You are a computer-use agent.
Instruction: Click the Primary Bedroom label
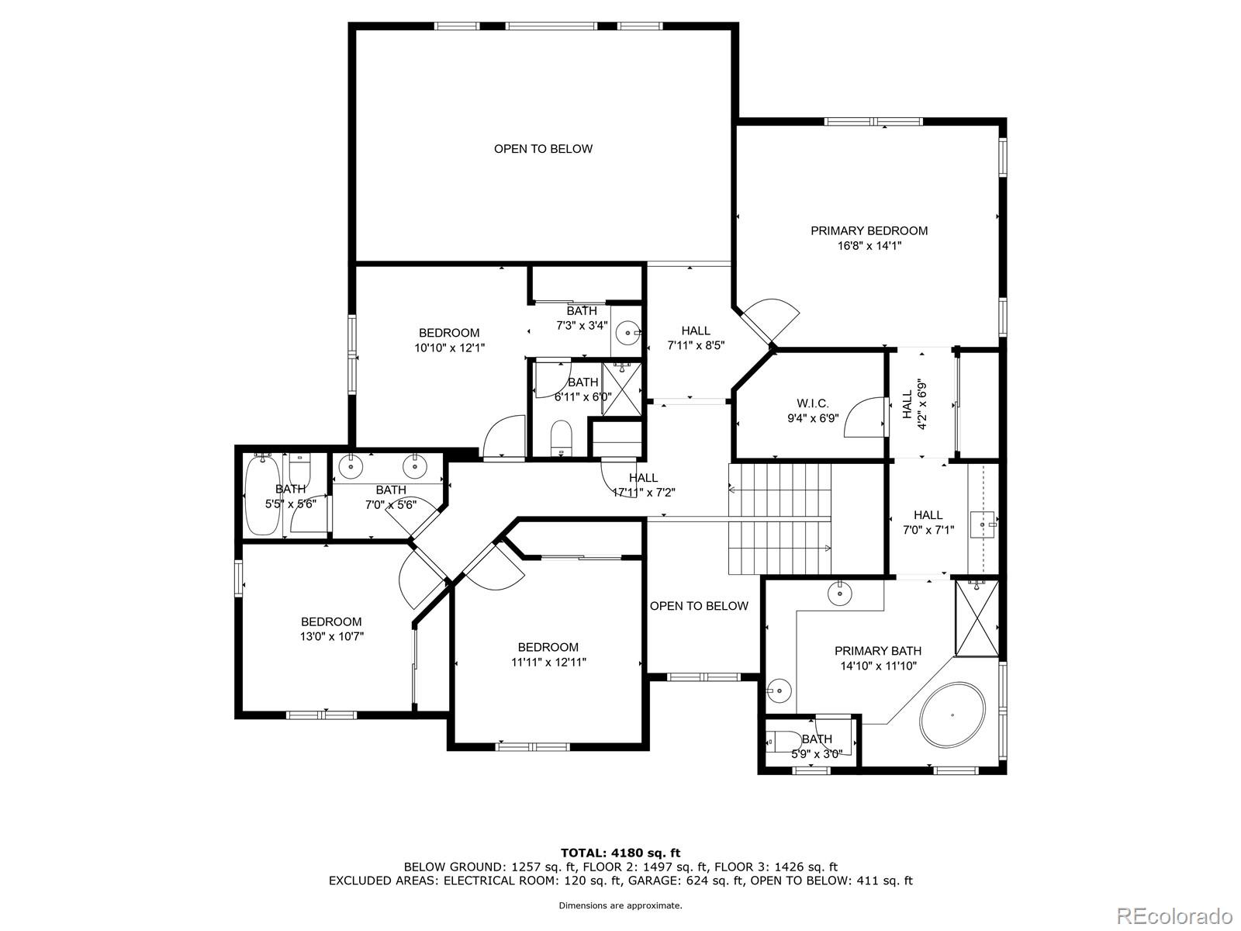coord(869,230)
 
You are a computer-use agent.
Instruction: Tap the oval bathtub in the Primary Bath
coord(952,715)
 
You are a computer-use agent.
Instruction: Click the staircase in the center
coord(779,518)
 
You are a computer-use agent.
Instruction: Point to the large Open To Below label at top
coord(543,149)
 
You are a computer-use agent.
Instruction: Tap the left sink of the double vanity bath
coord(352,465)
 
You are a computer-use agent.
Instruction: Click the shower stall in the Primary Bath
coord(977,618)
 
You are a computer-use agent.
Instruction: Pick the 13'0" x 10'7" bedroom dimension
coord(331,636)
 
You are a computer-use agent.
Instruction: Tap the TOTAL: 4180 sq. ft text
coord(620,853)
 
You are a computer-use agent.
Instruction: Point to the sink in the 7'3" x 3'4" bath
coord(626,334)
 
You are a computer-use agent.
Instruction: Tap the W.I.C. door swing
coord(862,419)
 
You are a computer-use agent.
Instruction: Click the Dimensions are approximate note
coord(620,905)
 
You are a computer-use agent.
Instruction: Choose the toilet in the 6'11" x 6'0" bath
coord(560,438)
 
